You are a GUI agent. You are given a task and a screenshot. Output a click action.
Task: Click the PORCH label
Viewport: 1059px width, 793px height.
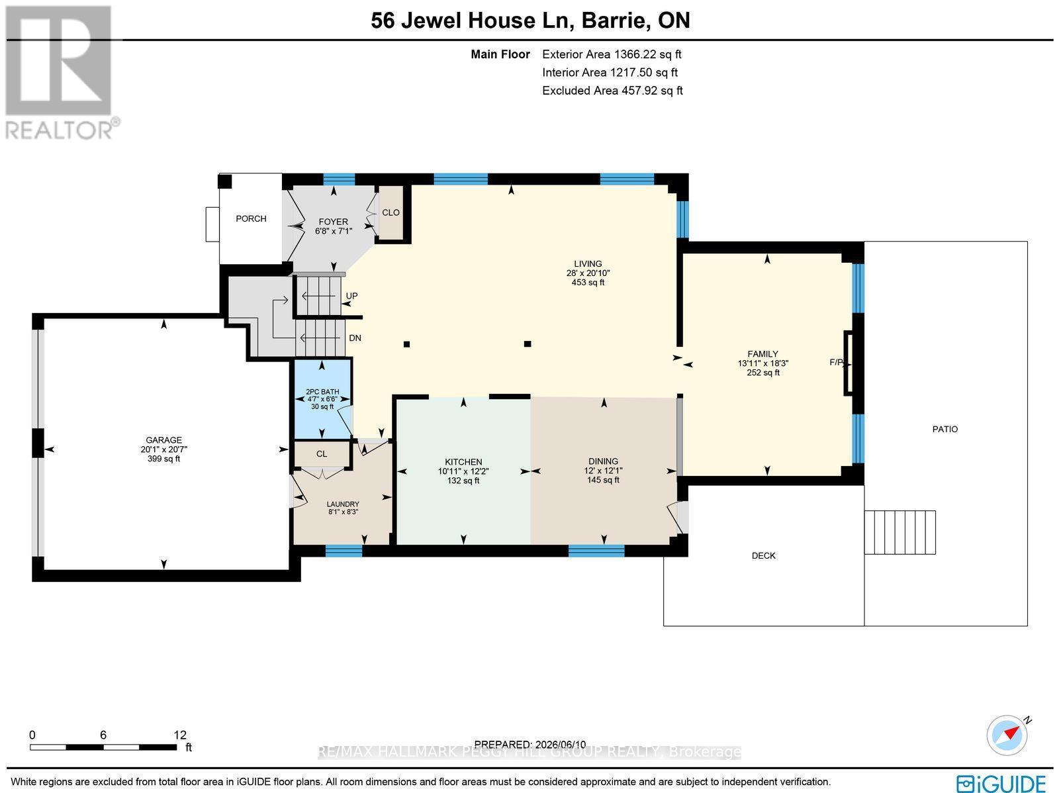click(251, 218)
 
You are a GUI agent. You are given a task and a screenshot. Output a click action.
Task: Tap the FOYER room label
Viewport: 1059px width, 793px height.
click(334, 221)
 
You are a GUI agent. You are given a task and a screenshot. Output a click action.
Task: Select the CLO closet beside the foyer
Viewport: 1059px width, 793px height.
click(391, 212)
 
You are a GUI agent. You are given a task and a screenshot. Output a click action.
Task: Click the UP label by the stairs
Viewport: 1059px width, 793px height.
click(351, 296)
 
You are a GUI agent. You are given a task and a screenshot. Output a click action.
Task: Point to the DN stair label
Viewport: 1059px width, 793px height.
click(355, 338)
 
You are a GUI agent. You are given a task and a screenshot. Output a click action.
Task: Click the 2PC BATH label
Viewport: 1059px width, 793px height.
click(322, 392)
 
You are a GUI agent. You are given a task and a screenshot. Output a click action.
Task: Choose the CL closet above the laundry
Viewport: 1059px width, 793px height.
click(322, 454)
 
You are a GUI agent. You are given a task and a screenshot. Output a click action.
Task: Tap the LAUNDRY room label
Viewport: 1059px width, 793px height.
click(343, 504)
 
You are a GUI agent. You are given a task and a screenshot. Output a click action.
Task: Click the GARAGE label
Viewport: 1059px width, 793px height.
click(164, 440)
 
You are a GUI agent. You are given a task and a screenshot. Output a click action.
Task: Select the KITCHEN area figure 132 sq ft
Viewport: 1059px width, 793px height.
click(464, 481)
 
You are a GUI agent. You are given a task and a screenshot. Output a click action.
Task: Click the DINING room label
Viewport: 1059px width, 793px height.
click(604, 461)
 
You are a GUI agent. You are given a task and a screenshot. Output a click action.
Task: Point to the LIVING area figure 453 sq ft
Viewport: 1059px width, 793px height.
click(588, 282)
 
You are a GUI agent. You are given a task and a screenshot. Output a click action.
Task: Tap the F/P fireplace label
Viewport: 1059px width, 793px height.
click(837, 362)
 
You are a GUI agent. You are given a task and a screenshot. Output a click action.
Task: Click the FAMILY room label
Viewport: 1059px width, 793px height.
click(762, 353)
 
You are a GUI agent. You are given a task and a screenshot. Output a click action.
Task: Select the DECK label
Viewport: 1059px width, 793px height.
click(764, 555)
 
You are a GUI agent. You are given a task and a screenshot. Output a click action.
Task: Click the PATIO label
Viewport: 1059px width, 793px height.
click(945, 429)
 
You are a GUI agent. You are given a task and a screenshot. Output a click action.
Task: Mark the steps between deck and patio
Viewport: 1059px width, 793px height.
click(899, 532)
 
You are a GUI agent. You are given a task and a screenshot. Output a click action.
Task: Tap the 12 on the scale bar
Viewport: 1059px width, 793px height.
click(180, 735)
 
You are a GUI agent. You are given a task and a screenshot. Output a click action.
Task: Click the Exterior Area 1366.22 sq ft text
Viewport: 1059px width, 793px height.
click(612, 54)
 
